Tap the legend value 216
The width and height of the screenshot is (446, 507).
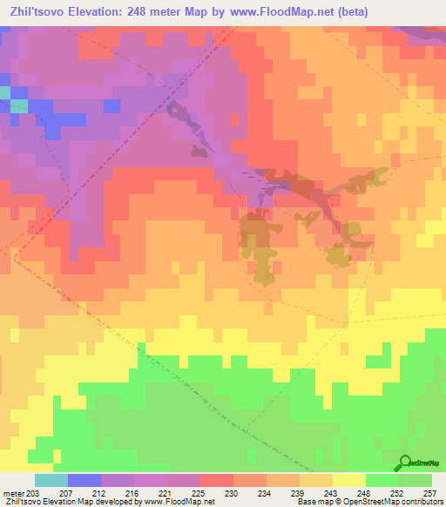point(134,493)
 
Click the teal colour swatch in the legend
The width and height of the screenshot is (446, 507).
point(51,480)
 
